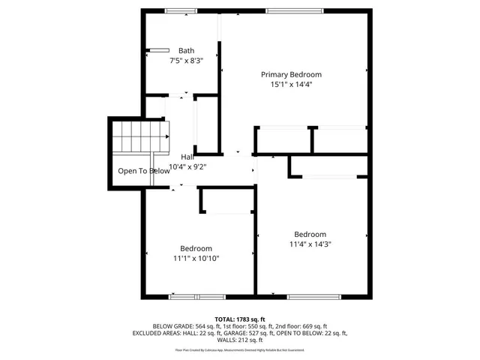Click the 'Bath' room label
click(186, 51)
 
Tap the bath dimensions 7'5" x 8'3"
click(186, 61)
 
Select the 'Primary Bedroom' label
click(291, 74)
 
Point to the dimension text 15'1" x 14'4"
click(291, 85)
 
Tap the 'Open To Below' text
click(143, 171)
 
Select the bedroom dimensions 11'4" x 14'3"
click(310, 244)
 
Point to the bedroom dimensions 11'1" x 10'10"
click(196, 259)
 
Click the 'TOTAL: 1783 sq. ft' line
click(240, 319)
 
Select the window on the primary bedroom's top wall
click(294, 10)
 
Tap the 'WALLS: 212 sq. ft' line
click(240, 340)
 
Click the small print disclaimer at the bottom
click(240, 349)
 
